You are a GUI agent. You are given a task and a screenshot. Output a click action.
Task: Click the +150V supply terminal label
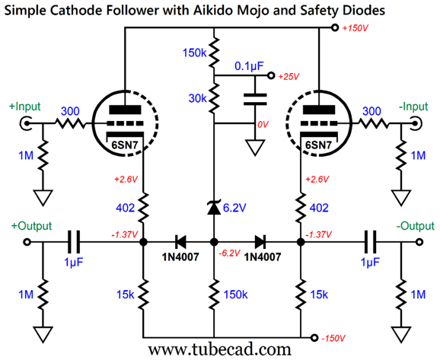pos(355,28)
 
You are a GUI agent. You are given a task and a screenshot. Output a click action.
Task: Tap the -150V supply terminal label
pos(333,338)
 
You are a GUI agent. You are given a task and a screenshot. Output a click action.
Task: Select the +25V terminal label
pos(289,76)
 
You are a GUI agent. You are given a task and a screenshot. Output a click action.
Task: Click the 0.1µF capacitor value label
pos(249,66)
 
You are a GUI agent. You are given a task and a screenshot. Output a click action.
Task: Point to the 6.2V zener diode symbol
pos(214,207)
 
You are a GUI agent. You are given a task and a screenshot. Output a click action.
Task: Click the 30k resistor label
pos(198,98)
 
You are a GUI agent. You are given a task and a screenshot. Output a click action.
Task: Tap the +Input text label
pos(24,107)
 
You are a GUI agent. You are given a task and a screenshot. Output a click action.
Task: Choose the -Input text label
pos(413,107)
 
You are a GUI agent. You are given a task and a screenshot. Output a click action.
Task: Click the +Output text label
pos(31,226)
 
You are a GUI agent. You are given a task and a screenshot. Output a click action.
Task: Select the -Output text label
pos(416,226)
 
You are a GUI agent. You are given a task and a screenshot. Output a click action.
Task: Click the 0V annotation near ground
pos(263,124)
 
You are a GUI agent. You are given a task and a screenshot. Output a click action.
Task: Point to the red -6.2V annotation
pos(230,253)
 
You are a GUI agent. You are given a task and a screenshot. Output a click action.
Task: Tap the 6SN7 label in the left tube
pos(124,145)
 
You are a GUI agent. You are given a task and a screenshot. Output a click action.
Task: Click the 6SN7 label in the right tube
pos(318,145)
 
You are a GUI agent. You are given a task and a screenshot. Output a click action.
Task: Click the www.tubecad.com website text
pos(220,350)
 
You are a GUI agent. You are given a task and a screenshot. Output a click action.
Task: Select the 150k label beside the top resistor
pos(194,53)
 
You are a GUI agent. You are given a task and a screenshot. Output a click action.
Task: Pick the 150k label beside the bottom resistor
pos(235,295)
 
